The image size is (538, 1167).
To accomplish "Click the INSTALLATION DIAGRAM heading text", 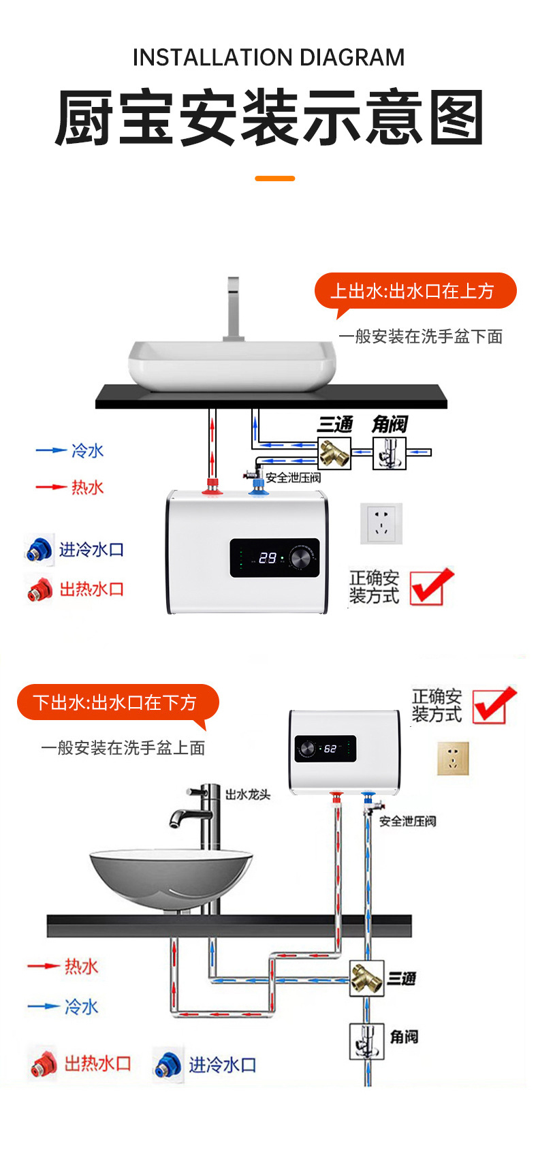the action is tap(268, 57).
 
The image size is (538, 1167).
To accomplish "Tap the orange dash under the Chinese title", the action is tap(274, 178).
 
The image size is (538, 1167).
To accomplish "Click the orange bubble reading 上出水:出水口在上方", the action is tap(414, 292).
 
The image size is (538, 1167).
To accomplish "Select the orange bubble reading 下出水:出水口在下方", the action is tap(117, 702).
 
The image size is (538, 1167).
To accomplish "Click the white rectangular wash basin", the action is tap(232, 365).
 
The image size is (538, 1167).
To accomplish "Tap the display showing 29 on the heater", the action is tap(267, 558).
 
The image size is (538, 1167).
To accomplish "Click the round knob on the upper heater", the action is tap(300, 557).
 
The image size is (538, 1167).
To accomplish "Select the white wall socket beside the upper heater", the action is tap(381, 523).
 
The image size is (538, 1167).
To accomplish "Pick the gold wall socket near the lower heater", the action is tap(453, 758).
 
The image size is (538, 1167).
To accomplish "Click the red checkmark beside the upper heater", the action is tap(432, 587).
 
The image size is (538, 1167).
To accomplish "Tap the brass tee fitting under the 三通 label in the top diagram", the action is tap(334, 453).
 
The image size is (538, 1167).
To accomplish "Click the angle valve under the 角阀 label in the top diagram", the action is tap(390, 453).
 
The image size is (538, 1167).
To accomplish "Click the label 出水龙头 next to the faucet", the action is tap(248, 794).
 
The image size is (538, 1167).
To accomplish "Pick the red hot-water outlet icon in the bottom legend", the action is tap(42, 1064).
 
